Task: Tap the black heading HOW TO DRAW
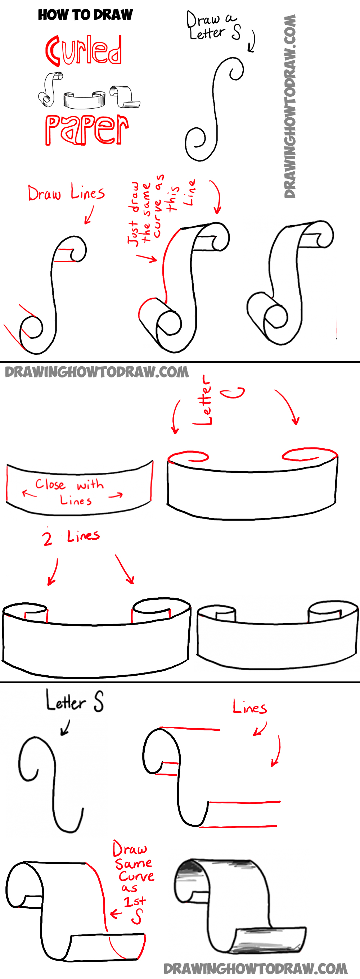tap(85, 15)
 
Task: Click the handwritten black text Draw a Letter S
tap(213, 27)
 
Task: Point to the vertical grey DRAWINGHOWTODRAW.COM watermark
tap(290, 106)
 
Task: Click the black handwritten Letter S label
tap(75, 701)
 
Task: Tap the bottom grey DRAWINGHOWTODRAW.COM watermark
tap(256, 969)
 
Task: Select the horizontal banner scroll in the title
tap(84, 100)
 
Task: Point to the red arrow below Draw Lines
tap(89, 215)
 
